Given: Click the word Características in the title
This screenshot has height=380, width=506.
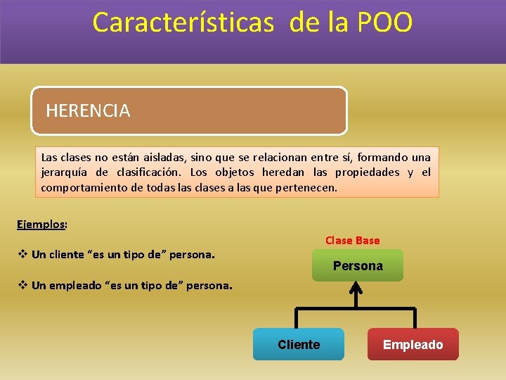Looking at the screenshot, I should pos(183,23).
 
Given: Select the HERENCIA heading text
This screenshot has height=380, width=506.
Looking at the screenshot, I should pos(88,110).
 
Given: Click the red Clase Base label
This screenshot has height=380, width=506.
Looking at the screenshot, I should pos(352,241).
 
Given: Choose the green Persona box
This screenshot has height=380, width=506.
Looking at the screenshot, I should pos(358,266).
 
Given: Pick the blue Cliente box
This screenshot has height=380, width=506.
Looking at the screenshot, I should pos(299,345).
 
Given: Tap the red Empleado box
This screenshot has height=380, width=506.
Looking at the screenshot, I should pos(413,345).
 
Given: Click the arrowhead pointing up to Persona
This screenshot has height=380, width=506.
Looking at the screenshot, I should pos(356,287).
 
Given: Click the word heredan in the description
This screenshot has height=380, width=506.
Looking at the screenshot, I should pos(285,172).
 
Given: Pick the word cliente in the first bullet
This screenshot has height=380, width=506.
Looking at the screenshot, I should pos(67,254).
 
